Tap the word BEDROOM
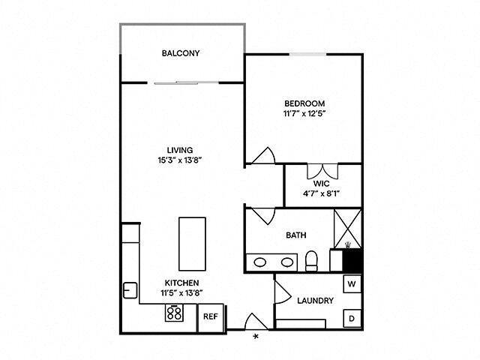pyautogui.click(x=304, y=103)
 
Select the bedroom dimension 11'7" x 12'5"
pyautogui.click(x=304, y=114)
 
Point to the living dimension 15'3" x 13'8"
pyautogui.click(x=181, y=160)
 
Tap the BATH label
pyautogui.click(x=295, y=235)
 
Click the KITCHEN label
pyautogui.click(x=182, y=283)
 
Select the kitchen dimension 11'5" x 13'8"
pyautogui.click(x=182, y=294)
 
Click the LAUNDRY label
pyautogui.click(x=315, y=301)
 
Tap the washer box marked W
pyautogui.click(x=352, y=284)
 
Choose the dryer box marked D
pyautogui.click(x=352, y=319)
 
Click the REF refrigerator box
pyautogui.click(x=211, y=316)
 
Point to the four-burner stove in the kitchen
pyautogui.click(x=175, y=314)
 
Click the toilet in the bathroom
pyautogui.click(x=312, y=262)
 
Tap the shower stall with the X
pyautogui.click(x=348, y=226)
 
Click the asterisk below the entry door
pyautogui.click(x=256, y=337)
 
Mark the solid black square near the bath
pyautogui.click(x=352, y=259)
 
